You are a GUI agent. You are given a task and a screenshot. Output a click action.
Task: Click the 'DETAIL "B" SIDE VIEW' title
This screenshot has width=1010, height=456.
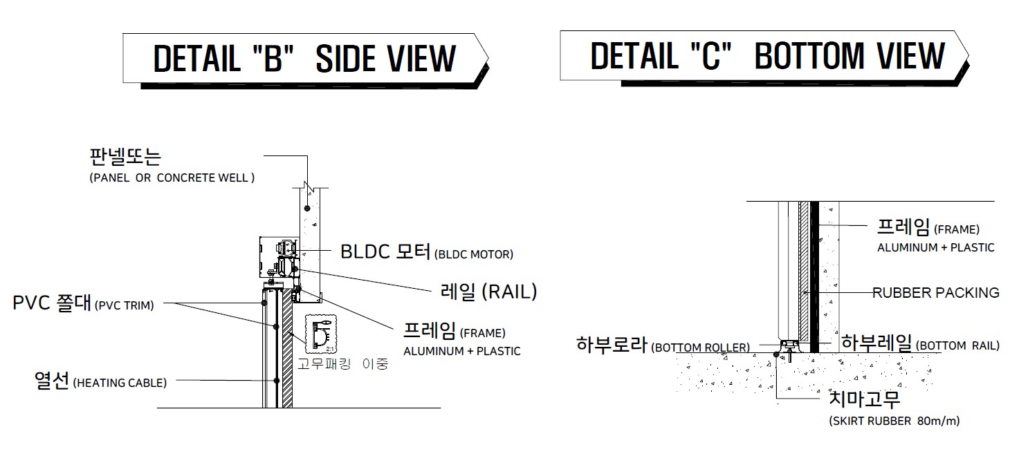304,59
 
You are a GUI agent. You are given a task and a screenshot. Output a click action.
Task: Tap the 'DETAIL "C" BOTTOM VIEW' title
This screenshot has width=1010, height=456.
767,56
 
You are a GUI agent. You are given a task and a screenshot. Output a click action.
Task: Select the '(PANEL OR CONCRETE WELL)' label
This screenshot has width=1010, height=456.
172,178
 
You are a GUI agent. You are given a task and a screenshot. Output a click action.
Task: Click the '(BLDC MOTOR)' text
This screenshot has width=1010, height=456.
473,254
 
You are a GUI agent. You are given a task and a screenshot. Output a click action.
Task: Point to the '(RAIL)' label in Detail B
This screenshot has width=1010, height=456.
510,292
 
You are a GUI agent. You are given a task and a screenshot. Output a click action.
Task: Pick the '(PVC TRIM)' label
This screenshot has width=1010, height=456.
124,305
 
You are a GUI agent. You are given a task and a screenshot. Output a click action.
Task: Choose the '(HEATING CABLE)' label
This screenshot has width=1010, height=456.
120,383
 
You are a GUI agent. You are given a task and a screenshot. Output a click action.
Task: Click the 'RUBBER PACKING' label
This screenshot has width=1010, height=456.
936,292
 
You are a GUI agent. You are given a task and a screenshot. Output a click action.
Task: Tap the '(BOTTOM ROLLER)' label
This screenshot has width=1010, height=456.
701,348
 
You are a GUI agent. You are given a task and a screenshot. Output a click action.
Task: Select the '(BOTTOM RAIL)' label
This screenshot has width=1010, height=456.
957,345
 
